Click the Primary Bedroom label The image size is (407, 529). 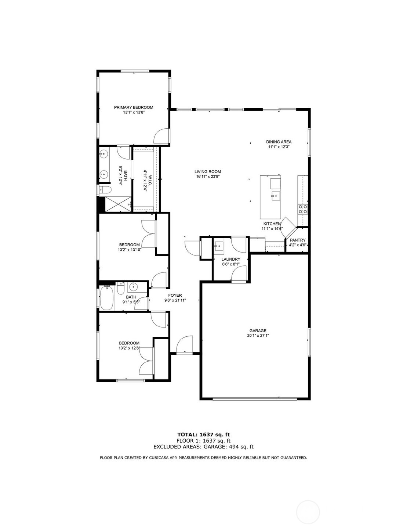coord(133,107)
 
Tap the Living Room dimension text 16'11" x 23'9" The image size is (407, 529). coord(207,176)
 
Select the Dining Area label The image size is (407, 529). coord(279,142)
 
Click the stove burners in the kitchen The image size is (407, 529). coord(303,209)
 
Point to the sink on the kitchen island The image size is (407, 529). coord(275,195)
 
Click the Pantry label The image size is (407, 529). coord(297,240)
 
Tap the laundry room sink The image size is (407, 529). coord(219,246)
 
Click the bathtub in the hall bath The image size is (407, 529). coord(107,298)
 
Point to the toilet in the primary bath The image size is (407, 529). coord(104,190)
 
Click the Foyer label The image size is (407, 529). coord(175,295)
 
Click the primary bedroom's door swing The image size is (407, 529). coord(161,136)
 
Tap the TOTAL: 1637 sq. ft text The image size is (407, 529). coord(203,435)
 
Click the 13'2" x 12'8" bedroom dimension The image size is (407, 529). coord(129,348)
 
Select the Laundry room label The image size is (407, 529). coord(231,259)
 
